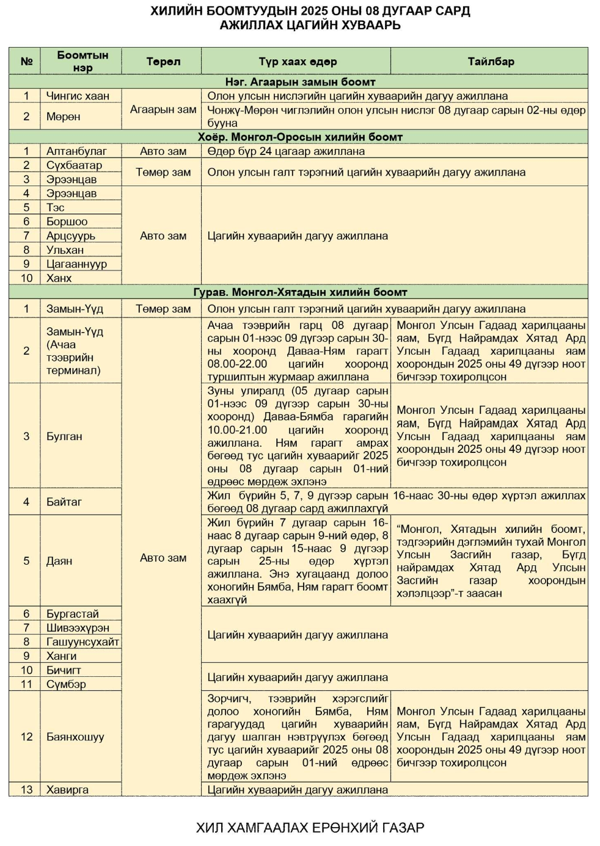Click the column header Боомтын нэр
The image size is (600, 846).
(x=82, y=61)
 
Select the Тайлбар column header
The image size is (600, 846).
(x=491, y=62)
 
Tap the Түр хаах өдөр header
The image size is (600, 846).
(x=297, y=62)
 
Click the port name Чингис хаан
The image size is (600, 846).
(x=78, y=96)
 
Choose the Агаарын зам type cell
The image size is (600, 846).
(x=163, y=110)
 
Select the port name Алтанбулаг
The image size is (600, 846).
(x=76, y=151)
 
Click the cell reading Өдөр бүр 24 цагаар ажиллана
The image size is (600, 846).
(x=286, y=151)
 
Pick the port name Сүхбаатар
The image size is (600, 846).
(x=74, y=165)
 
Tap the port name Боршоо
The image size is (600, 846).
(x=67, y=222)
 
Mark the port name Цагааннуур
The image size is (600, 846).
(x=76, y=264)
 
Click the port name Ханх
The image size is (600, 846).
(x=59, y=278)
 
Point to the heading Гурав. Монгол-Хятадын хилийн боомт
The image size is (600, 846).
(x=300, y=292)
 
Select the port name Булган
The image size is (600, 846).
(x=64, y=436)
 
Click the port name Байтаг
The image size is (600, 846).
(x=64, y=502)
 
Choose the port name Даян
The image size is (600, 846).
(x=59, y=560)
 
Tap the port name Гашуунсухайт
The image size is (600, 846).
(x=82, y=642)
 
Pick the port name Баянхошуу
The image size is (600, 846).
(x=75, y=737)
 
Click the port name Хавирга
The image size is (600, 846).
(x=67, y=789)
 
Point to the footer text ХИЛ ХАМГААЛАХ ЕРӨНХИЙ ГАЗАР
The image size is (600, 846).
(x=310, y=828)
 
